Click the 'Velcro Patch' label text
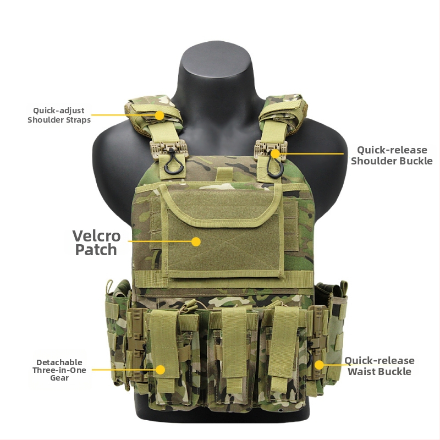(x=96, y=243)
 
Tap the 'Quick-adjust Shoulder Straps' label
(x=59, y=115)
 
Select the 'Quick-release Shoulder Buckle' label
(x=392, y=155)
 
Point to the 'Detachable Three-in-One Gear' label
(x=59, y=370)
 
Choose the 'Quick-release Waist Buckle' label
(x=380, y=366)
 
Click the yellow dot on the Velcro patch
(x=196, y=241)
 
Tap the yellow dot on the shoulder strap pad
(x=159, y=116)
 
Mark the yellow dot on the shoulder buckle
(x=276, y=154)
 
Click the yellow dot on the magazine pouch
(x=160, y=370)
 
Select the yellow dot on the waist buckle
(x=319, y=365)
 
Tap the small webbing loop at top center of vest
(x=224, y=174)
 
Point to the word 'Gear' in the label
(x=59, y=378)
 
